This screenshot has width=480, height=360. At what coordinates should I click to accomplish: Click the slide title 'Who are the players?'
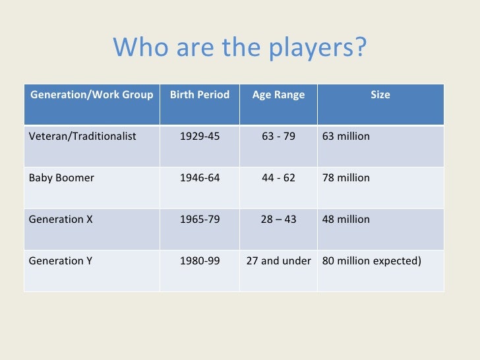pyautogui.click(x=239, y=47)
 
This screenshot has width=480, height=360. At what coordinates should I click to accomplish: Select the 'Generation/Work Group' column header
pyautogui.click(x=92, y=95)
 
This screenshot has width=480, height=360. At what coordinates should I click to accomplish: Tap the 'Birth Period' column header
pyautogui.click(x=200, y=95)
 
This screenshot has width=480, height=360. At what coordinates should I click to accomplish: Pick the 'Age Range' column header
pyautogui.click(x=278, y=95)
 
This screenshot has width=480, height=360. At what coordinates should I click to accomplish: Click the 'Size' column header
pyautogui.click(x=380, y=95)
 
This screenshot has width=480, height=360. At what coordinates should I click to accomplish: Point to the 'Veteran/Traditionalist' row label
pyautogui.click(x=82, y=136)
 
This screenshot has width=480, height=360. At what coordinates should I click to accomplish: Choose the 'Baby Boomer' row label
pyautogui.click(x=61, y=178)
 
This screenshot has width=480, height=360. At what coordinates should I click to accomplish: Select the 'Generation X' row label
pyautogui.click(x=61, y=219)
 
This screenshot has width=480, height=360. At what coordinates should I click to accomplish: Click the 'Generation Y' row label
pyautogui.click(x=61, y=260)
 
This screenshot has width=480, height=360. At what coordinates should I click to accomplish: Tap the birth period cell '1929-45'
pyautogui.click(x=200, y=136)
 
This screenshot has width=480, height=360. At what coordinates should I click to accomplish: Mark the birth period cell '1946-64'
pyautogui.click(x=200, y=178)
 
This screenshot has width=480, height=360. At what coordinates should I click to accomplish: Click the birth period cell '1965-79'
pyautogui.click(x=200, y=219)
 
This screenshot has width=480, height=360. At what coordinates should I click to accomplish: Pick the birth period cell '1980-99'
pyautogui.click(x=200, y=260)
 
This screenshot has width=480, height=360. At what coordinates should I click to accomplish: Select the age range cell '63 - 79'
pyautogui.click(x=278, y=136)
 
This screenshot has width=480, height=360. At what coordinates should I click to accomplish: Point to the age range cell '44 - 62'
pyautogui.click(x=278, y=178)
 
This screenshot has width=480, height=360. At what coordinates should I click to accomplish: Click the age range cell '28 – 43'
pyautogui.click(x=278, y=219)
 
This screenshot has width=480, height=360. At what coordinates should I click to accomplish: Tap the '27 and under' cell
pyautogui.click(x=278, y=260)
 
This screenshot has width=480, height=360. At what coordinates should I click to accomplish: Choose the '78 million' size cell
pyautogui.click(x=346, y=178)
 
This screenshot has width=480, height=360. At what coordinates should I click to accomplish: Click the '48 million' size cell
pyautogui.click(x=346, y=219)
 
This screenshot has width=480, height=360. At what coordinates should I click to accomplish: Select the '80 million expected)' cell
pyautogui.click(x=371, y=260)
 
